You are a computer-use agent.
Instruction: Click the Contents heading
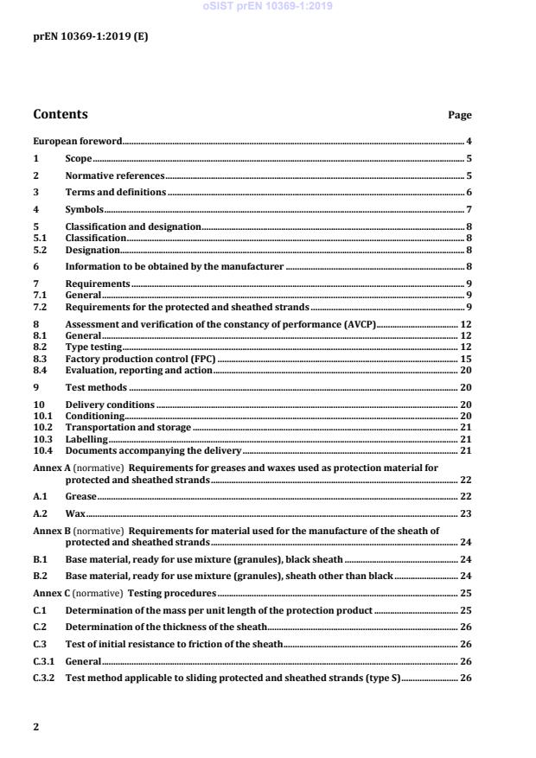tap(60, 114)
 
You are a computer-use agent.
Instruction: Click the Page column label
tap(459, 115)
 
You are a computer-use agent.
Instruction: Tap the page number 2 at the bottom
tap(35, 727)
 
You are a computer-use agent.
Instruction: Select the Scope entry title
tap(79, 158)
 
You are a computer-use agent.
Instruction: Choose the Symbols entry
tap(85, 209)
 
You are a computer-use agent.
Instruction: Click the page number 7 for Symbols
tap(469, 209)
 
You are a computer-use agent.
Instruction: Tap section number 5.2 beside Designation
tap(40, 250)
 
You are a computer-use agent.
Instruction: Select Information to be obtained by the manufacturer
tap(175, 267)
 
